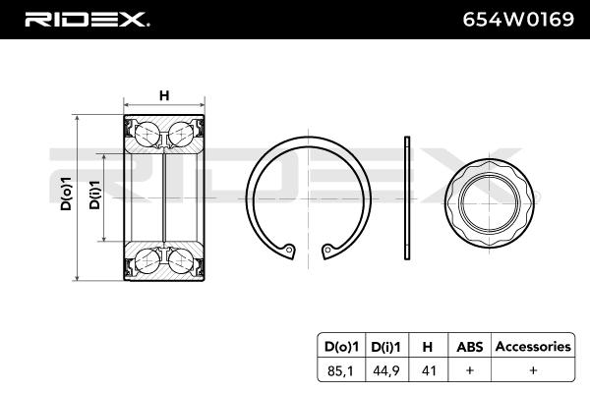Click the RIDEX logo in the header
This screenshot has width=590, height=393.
point(87,20)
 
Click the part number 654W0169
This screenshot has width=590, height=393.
point(518,20)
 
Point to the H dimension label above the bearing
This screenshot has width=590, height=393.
point(164,95)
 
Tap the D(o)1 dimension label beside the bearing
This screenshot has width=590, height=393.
point(66,194)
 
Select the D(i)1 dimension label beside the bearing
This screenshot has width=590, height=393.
point(94,195)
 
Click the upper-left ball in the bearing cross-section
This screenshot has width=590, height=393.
point(147,134)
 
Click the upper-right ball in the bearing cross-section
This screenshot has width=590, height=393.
point(181,134)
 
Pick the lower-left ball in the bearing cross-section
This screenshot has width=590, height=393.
point(147,260)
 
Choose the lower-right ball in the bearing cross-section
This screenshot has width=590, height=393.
point(181,260)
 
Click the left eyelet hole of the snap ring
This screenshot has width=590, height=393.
point(289,249)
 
